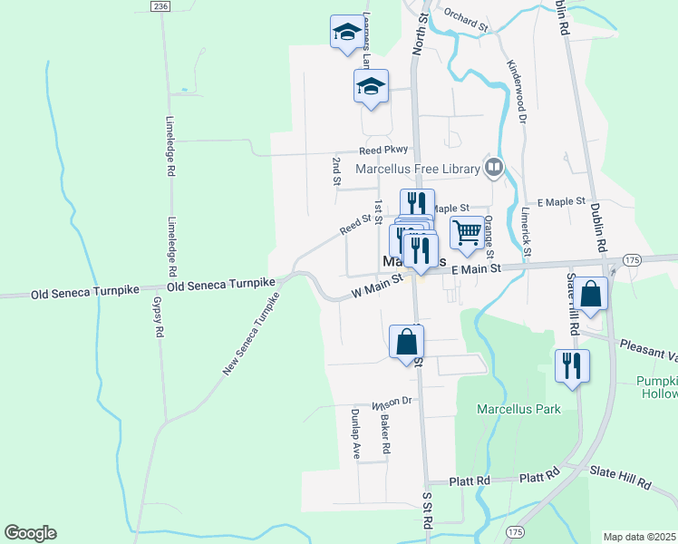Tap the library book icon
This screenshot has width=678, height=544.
(x=493, y=167)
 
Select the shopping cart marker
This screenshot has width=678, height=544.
(x=466, y=234)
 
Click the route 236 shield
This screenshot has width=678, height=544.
(x=161, y=6)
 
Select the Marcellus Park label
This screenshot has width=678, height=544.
(x=519, y=409)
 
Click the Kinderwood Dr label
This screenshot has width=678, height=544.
(x=518, y=90)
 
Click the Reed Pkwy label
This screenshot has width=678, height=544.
(x=384, y=151)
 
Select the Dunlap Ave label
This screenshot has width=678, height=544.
(x=356, y=434)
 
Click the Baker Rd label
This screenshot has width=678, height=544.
(x=385, y=434)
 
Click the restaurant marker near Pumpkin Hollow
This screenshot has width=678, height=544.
(x=572, y=367)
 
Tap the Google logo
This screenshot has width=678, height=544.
(x=30, y=533)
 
